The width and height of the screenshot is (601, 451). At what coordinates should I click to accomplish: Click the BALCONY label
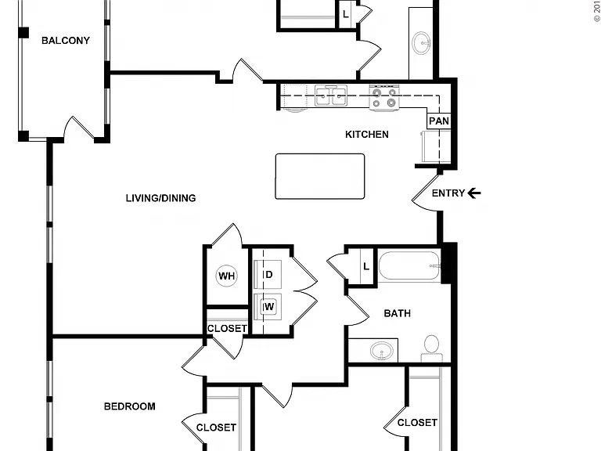[66, 40]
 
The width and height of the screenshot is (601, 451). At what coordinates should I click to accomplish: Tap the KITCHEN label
[367, 134]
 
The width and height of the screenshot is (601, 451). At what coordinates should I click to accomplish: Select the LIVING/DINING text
[160, 198]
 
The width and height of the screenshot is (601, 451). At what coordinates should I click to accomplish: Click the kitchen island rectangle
[320, 176]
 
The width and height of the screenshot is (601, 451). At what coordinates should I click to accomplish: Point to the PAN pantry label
[439, 121]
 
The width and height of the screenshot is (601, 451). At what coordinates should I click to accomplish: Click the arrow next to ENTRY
[474, 193]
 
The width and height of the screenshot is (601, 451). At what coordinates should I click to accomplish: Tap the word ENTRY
[448, 193]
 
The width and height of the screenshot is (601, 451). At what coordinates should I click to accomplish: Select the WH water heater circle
[226, 276]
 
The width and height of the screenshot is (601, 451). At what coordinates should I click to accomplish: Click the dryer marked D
[268, 274]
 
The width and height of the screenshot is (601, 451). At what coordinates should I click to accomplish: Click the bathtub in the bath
[409, 265]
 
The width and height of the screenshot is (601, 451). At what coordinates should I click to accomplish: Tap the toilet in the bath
[432, 348]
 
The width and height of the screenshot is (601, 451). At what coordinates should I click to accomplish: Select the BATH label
[397, 313]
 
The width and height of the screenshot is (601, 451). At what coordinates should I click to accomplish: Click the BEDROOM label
[130, 406]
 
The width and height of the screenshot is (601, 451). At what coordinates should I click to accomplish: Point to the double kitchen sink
[331, 96]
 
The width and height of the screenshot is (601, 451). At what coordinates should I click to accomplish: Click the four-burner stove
[384, 98]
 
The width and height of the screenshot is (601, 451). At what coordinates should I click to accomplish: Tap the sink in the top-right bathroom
[421, 43]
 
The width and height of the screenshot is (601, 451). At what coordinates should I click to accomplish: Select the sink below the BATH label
[381, 350]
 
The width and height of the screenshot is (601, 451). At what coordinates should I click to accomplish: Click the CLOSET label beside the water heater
[227, 329]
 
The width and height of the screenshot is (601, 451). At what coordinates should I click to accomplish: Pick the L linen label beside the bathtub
[366, 266]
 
